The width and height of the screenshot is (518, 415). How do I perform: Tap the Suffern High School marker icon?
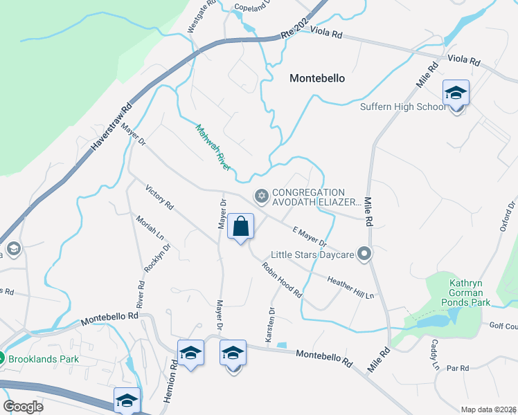(456, 93)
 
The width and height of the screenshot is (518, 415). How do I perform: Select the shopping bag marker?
(240, 227)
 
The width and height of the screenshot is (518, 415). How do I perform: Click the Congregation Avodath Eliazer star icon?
(261, 197)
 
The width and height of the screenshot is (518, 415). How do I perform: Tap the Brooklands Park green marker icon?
(3, 359)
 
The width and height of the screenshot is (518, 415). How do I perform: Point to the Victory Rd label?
(159, 197)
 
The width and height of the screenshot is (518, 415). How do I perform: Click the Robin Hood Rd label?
(282, 280)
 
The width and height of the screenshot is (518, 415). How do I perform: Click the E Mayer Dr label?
(309, 237)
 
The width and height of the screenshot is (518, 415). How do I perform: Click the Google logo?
(23, 406)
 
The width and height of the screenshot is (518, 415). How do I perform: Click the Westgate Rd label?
(202, 16)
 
